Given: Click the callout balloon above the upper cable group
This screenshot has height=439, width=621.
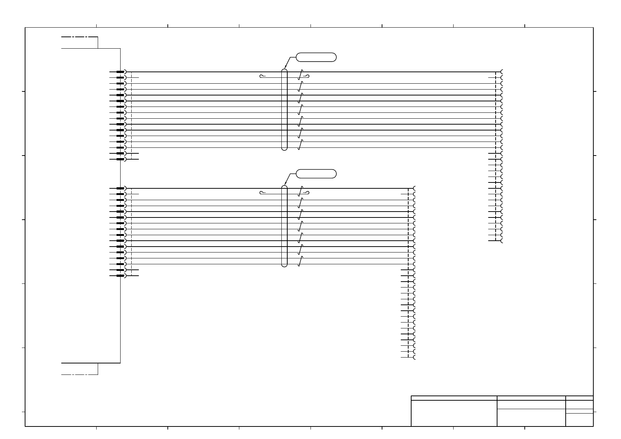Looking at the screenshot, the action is pos(316,57).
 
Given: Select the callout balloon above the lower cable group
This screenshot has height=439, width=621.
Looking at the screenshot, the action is pos(316,174).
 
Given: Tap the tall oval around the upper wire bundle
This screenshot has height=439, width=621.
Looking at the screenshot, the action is pos(284,109).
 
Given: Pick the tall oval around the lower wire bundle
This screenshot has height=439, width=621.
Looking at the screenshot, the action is pos(284,226).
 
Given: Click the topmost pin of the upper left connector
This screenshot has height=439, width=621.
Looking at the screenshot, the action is pos(121,72).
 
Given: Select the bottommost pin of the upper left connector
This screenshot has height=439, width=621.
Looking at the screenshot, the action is pos(121,159).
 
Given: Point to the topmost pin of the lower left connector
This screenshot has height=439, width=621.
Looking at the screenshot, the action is pos(121,188).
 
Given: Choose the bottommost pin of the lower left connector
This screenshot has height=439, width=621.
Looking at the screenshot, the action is pos(121,276).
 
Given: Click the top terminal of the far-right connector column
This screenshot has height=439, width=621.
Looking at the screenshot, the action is pos(502,72).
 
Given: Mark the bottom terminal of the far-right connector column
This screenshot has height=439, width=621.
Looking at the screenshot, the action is pos(502,241).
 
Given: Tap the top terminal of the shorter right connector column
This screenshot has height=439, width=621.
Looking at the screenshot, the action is pos(414,188).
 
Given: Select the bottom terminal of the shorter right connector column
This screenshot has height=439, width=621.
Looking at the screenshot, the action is pos(414,358).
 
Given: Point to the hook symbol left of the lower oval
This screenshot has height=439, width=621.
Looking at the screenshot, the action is pos(262,193).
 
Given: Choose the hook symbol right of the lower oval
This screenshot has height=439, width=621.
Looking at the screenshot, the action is pos(306,193).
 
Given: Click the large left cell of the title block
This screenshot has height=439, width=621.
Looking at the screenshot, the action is pos(454,413).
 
